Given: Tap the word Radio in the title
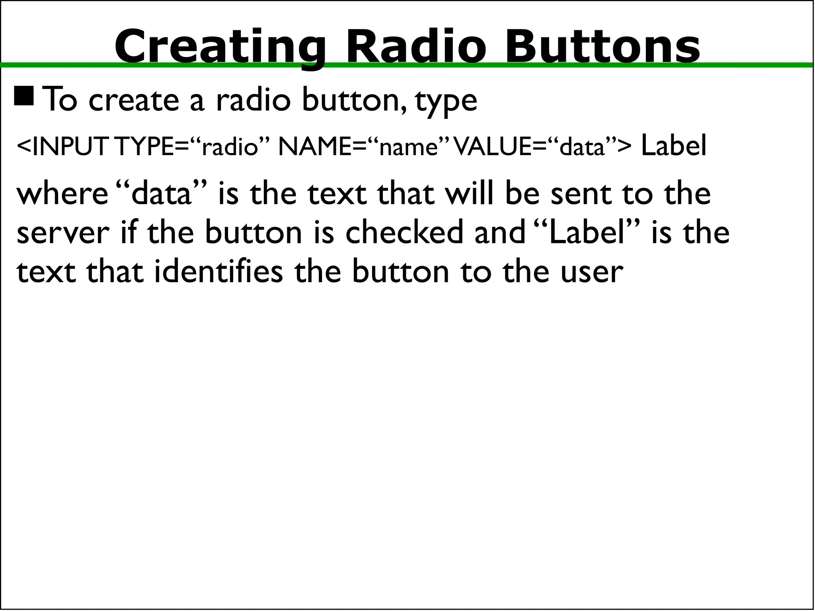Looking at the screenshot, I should (x=416, y=47).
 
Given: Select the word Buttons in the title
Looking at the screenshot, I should (x=602, y=47).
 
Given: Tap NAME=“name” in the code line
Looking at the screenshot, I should (x=364, y=146).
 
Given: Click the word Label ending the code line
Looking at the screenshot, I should (x=673, y=146).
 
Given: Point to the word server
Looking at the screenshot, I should (x=63, y=233).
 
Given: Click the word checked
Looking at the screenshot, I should (x=404, y=233).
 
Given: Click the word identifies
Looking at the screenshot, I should (x=218, y=272).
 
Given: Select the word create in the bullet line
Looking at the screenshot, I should (x=134, y=101).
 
